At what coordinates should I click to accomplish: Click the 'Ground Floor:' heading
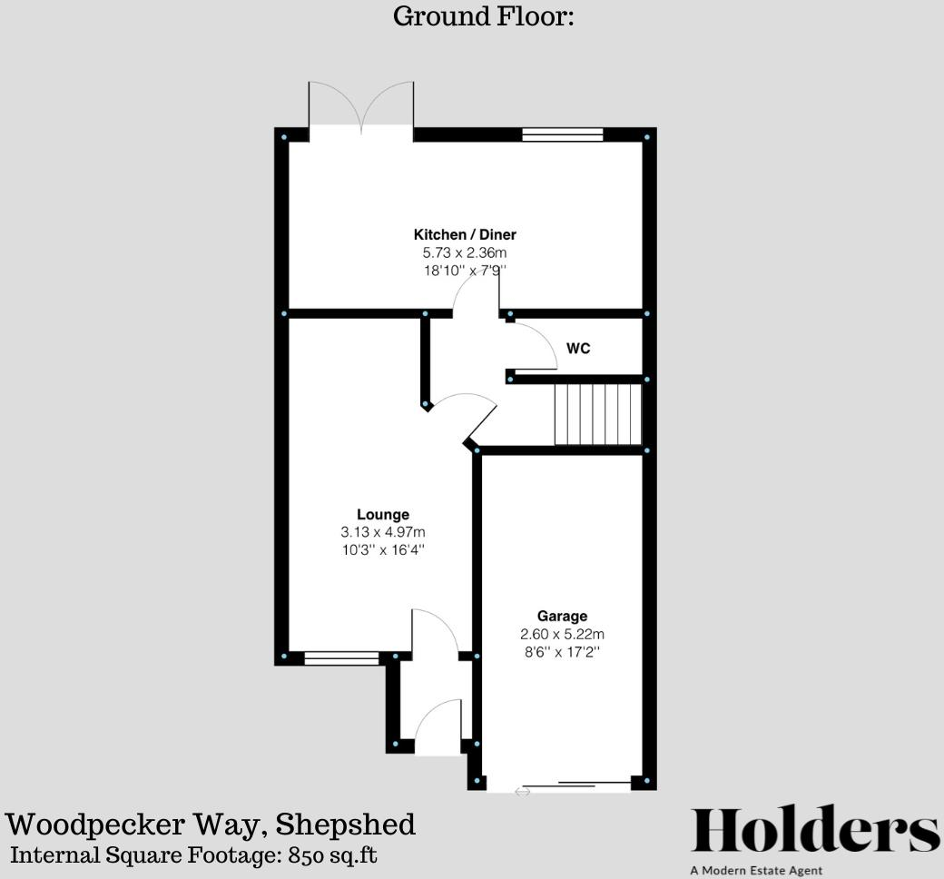click(x=483, y=16)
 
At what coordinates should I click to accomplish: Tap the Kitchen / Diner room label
click(x=465, y=235)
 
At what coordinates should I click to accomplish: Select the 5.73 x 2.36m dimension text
click(x=465, y=252)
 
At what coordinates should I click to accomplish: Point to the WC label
click(x=578, y=348)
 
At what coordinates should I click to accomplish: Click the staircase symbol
click(x=598, y=414)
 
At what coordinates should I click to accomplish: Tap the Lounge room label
click(x=383, y=515)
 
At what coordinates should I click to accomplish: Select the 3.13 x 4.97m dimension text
click(x=383, y=532)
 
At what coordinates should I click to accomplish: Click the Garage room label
click(x=562, y=617)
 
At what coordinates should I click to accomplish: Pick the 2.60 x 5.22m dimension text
click(x=562, y=634)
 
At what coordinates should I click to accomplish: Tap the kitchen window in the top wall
click(x=563, y=135)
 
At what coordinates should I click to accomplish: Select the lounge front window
click(x=341, y=658)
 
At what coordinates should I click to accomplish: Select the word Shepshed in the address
click(x=346, y=825)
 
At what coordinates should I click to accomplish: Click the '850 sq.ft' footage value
click(x=333, y=854)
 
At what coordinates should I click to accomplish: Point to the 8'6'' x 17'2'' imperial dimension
click(x=562, y=651)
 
